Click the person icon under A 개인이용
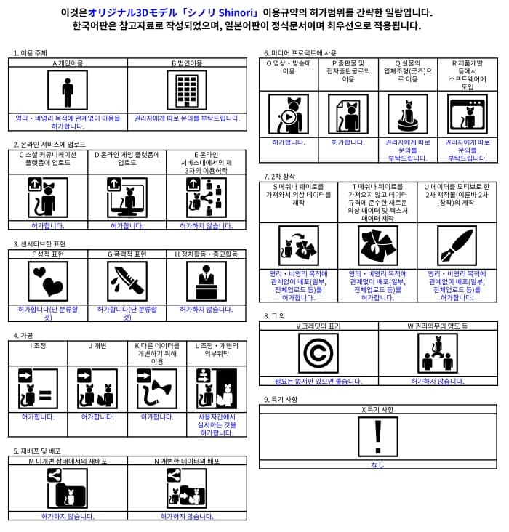tap(68, 91)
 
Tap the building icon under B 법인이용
tap(187, 91)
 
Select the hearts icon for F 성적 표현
tap(48, 281)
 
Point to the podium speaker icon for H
tap(206, 281)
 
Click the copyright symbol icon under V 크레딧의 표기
tap(318, 353)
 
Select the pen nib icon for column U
tap(457, 246)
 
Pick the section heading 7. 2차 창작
tap(279, 177)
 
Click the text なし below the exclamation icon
tap(377, 464)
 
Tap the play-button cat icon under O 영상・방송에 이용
tap(289, 114)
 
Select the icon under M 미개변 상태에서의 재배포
tap(68, 488)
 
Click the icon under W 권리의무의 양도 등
tap(437, 353)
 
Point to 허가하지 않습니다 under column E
tap(207, 226)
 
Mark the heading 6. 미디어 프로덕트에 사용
tap(300, 53)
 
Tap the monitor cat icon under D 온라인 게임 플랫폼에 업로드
tap(127, 197)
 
